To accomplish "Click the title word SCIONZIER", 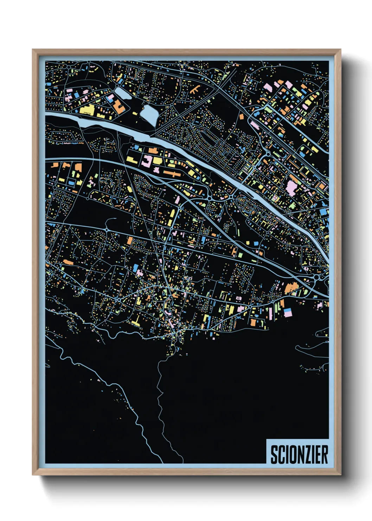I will pyautogui.click(x=299, y=454).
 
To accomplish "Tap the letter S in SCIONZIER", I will pyautogui.click(x=274, y=454).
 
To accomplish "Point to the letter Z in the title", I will pyautogui.click(x=307, y=454).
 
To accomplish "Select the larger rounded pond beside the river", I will pyautogui.click(x=149, y=114).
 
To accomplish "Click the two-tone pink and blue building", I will pyautogui.click(x=288, y=312).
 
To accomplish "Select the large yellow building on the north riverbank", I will pyautogui.click(x=87, y=110).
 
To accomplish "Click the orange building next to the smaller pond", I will pyautogui.click(x=118, y=106).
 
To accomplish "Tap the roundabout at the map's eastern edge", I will pyautogui.click(x=318, y=278).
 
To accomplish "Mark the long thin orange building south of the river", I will pyautogui.click(x=172, y=173).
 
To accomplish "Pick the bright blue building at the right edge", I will pyautogui.click(x=323, y=212).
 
